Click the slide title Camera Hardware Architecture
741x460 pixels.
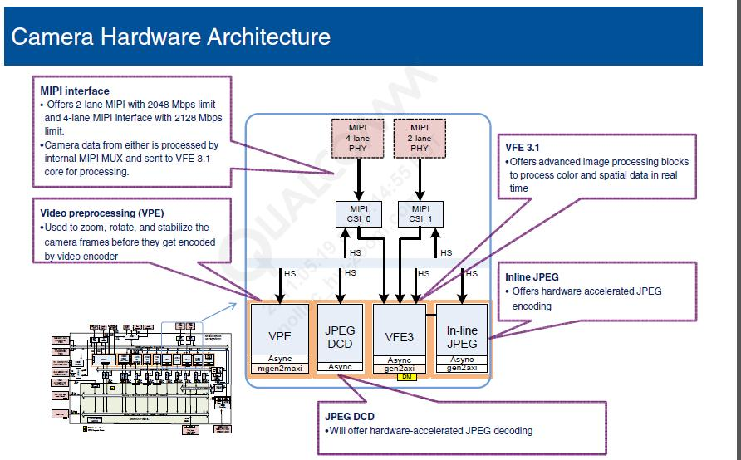(x=170, y=37)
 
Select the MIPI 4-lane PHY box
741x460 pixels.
(x=358, y=138)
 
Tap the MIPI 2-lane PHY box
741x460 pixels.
(x=420, y=138)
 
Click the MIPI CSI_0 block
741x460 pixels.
(x=358, y=213)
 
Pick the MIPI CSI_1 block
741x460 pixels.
(x=420, y=213)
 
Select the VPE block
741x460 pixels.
(x=280, y=337)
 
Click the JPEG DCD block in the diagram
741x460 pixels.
(x=340, y=336)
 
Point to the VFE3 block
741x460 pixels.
(x=400, y=337)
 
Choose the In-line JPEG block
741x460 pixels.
(x=462, y=337)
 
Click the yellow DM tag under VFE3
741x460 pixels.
(x=406, y=376)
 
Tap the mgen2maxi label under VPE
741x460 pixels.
(x=280, y=367)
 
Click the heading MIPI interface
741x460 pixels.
(x=75, y=91)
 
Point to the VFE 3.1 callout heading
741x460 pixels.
(x=523, y=148)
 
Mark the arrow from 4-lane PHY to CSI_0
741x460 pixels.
(x=358, y=179)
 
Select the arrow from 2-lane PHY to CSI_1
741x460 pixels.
(x=420, y=179)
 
